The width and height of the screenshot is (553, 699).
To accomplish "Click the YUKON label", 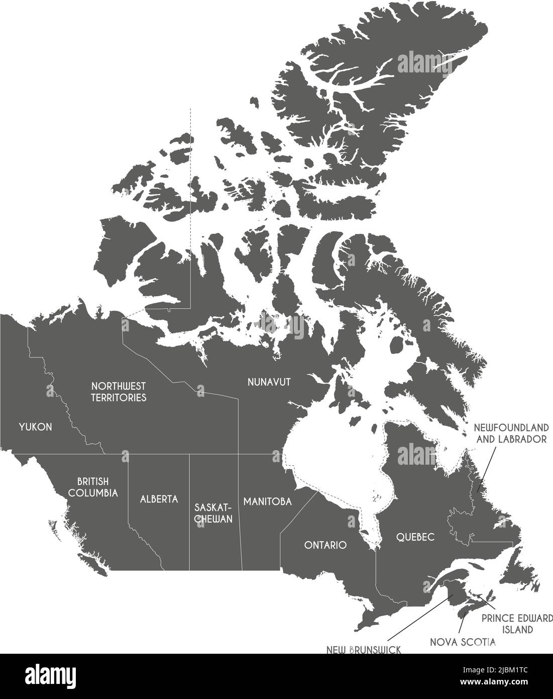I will [x=35, y=427].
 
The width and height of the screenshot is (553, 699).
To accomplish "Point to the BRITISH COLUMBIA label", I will [x=93, y=487].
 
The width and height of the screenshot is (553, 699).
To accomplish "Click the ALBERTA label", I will [x=159, y=499].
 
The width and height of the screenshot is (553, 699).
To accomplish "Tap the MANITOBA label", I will [x=268, y=501].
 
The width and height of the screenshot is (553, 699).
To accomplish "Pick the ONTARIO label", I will [x=325, y=545].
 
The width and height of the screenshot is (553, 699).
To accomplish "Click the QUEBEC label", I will [x=415, y=537].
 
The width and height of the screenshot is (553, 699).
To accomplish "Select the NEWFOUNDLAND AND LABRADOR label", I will [x=510, y=433].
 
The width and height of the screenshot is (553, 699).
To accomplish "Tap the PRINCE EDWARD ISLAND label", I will [x=517, y=623].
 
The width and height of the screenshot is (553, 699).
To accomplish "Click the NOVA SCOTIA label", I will [x=463, y=642].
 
